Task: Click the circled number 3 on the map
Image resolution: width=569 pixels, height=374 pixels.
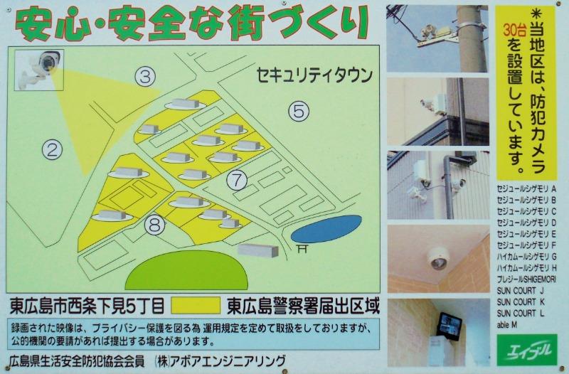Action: (145, 77)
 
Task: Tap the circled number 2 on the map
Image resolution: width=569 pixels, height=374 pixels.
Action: (50, 149)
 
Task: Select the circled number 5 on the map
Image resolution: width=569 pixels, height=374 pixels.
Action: (299, 110)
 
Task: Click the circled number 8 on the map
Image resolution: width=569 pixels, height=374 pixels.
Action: (154, 225)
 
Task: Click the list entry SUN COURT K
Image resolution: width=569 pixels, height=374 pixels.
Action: (521, 301)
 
